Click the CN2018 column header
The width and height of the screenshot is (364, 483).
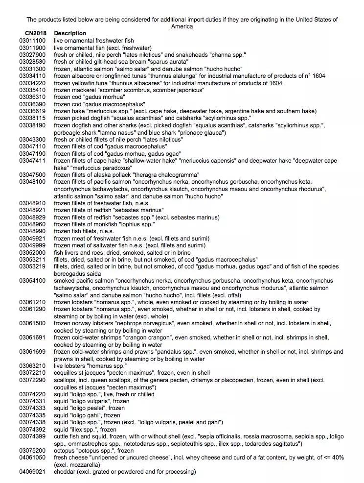tap(32, 33)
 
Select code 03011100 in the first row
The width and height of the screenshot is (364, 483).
tap(32, 40)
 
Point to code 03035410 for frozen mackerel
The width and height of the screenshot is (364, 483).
tap(32, 90)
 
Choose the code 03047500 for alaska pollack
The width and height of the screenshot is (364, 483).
tap(32, 175)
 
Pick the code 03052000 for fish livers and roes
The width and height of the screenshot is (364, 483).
tap(32, 252)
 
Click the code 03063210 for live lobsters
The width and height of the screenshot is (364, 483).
tap(32, 365)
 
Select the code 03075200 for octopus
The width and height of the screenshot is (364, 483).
tap(32, 450)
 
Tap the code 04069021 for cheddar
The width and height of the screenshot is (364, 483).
tap(32, 472)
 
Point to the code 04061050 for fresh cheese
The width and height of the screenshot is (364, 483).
tap(32, 457)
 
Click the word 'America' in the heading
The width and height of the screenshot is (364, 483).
tap(182, 26)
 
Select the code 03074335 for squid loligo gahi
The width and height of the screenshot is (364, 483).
tap(32, 415)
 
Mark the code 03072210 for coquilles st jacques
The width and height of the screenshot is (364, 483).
tap(32, 373)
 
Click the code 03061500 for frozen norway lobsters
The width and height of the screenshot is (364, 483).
tap(32, 323)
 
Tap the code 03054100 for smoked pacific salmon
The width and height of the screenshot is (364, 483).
tap(32, 281)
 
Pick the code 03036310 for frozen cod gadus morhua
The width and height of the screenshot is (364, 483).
tap(32, 97)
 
